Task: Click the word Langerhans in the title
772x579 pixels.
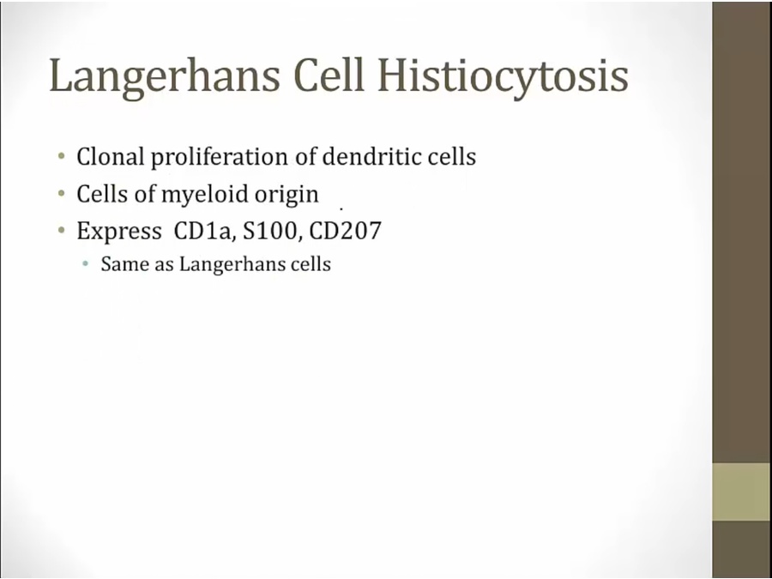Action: click(165, 77)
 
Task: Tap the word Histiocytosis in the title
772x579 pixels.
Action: click(503, 77)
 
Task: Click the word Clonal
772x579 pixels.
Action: click(111, 157)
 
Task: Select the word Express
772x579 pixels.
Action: click(119, 231)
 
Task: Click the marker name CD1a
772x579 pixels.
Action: click(202, 231)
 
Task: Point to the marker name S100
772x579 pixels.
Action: click(270, 231)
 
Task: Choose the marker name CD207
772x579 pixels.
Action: click(345, 231)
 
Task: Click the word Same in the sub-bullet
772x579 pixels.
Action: click(124, 264)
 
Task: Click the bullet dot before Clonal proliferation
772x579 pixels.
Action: click(61, 157)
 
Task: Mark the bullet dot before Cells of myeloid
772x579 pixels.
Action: click(61, 194)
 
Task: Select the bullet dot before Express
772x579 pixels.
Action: click(61, 230)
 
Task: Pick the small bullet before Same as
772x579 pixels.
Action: click(86, 264)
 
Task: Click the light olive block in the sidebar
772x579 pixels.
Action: click(742, 492)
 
